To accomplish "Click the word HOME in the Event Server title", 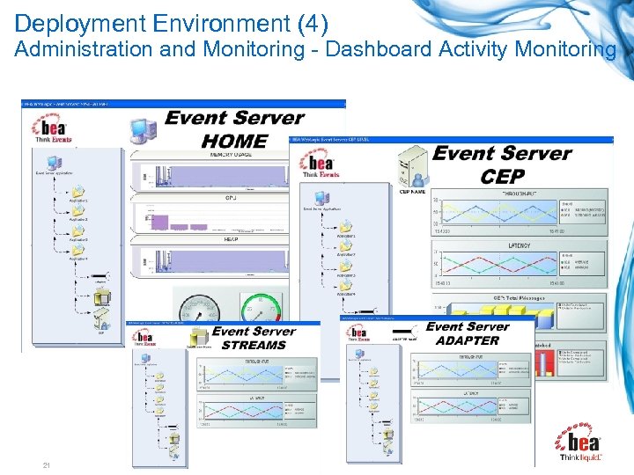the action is [x=234, y=140].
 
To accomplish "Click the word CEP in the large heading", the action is [x=502, y=175].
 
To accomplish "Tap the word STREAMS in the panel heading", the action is [x=254, y=345].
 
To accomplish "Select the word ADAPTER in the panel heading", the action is [x=468, y=340].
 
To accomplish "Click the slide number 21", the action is [x=46, y=464].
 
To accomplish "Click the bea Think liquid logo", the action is [x=580, y=443].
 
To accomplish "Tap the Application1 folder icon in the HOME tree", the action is [x=77, y=191].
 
